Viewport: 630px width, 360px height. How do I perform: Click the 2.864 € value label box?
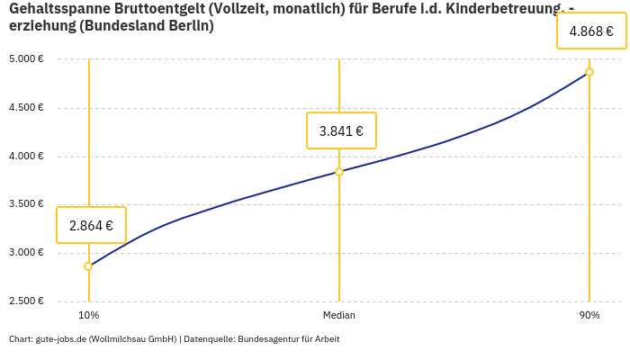(x=91, y=225)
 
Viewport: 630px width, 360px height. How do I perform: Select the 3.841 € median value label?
(x=341, y=130)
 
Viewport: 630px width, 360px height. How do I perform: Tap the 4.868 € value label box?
(x=591, y=31)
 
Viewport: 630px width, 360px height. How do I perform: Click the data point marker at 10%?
(x=88, y=266)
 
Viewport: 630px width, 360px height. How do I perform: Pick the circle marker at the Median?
(x=339, y=171)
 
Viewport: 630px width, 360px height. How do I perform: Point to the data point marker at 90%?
(x=589, y=72)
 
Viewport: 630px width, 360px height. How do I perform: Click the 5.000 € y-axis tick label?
(x=27, y=59)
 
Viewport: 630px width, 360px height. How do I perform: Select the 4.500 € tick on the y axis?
(x=27, y=108)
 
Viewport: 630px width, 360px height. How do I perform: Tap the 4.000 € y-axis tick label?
(x=27, y=157)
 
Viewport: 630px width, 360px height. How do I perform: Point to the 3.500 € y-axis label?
(x=27, y=204)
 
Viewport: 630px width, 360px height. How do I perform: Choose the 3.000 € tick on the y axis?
(x=27, y=253)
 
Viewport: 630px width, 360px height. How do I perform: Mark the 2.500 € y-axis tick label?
(x=27, y=301)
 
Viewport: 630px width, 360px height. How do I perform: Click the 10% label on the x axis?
(x=88, y=315)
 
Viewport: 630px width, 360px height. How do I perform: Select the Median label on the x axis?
(x=339, y=315)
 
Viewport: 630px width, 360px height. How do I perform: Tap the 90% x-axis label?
(x=589, y=315)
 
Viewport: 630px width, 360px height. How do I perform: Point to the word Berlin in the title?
(x=190, y=26)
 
